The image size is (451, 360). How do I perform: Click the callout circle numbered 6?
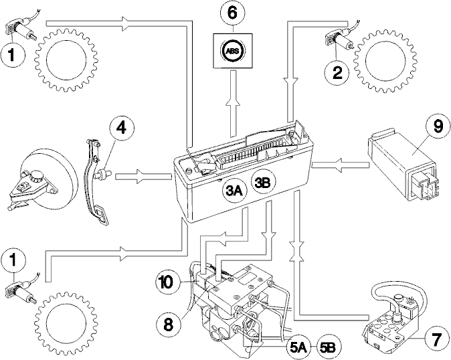tap(233, 13)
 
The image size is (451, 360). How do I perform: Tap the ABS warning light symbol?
tap(233, 51)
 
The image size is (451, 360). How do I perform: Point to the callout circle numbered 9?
tap(438, 127)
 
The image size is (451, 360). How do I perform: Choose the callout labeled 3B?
tap(264, 182)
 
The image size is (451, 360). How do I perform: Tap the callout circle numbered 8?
tap(168, 325)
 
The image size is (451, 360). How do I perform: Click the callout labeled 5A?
tap(298, 347)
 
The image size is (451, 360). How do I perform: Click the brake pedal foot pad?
tap(102, 214)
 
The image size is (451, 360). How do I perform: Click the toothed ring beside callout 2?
tap(385, 61)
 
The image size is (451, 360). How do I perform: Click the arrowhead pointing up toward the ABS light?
tap(233, 102)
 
